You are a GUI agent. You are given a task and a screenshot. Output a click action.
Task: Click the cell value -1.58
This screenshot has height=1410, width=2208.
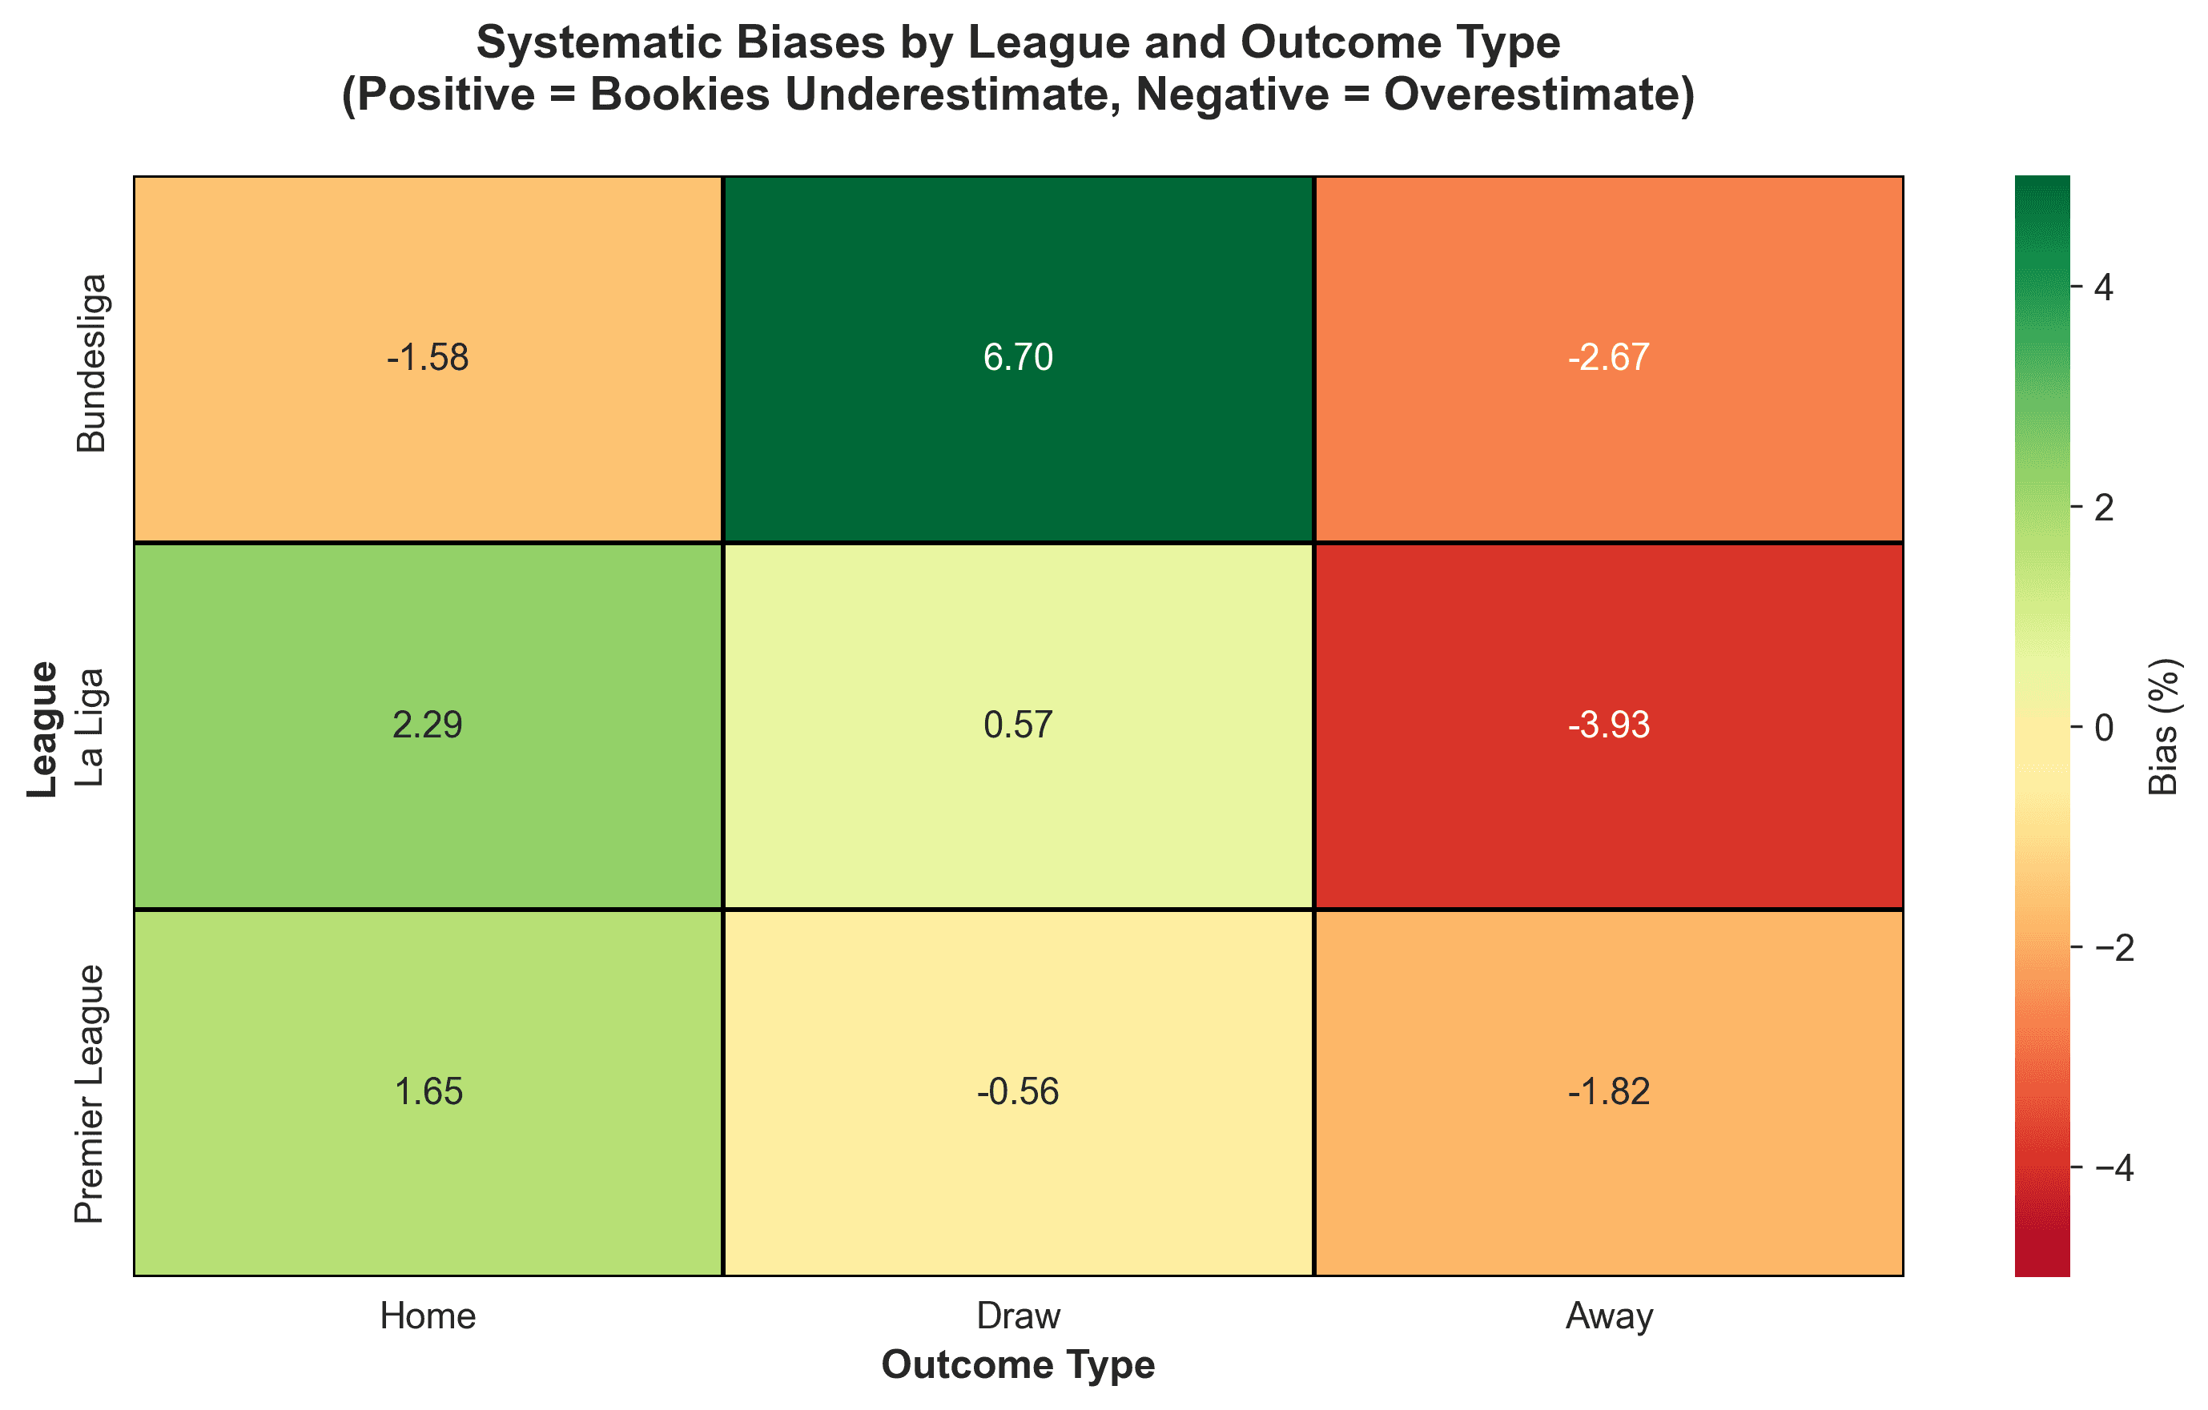pos(428,358)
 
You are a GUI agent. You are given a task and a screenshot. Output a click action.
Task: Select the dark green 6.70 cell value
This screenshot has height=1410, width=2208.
pos(1018,358)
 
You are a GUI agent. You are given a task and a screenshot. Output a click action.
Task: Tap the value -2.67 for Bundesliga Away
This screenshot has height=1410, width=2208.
pos(1608,358)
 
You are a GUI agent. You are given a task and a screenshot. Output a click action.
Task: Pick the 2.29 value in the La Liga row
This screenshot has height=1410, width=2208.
pos(428,725)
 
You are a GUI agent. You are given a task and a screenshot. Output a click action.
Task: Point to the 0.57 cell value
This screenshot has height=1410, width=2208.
pos(1018,725)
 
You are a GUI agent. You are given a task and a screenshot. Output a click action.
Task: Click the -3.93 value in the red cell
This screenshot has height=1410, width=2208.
pos(1608,725)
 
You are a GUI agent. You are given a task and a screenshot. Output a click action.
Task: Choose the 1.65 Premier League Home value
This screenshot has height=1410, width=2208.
pos(428,1092)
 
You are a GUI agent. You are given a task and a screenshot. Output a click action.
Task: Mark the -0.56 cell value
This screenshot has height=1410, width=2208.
pos(1018,1092)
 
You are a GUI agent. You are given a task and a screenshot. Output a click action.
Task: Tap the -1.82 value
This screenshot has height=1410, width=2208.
pos(1608,1092)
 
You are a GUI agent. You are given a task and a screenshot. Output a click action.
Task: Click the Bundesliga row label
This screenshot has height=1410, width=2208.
pos(91,363)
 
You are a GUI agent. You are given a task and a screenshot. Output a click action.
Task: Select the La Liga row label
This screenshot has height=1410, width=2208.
pos(91,727)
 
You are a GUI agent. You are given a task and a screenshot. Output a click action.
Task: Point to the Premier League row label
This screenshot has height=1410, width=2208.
pos(91,1094)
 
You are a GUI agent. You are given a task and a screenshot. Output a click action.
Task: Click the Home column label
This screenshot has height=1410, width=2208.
pos(428,1316)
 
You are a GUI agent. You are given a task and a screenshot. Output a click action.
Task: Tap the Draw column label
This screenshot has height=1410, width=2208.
pos(1018,1316)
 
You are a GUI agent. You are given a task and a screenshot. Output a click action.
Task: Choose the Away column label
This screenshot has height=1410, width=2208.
pos(1608,1316)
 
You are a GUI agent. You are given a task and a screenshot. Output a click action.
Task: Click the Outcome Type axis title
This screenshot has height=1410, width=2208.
pos(1018,1365)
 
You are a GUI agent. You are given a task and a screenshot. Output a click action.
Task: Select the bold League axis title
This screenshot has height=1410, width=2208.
pos(42,729)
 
